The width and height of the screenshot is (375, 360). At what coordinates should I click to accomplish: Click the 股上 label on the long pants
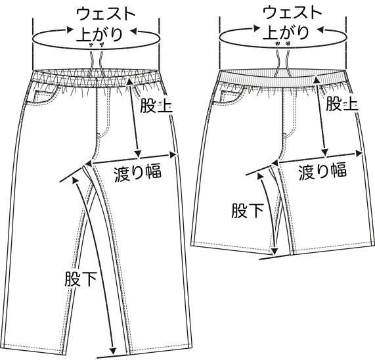pyautogui.click(x=156, y=106)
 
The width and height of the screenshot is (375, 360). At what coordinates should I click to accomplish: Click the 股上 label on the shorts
pyautogui.click(x=342, y=103)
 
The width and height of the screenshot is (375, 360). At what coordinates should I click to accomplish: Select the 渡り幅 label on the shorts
pyautogui.click(x=322, y=171)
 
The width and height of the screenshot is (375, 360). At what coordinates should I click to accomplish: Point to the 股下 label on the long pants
pyautogui.click(x=81, y=279)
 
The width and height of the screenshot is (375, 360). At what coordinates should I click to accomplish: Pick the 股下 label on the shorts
pyautogui.click(x=248, y=210)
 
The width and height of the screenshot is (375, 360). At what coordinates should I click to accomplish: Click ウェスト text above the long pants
pyautogui.click(x=106, y=14)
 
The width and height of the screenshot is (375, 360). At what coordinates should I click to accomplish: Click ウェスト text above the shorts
pyautogui.click(x=292, y=12)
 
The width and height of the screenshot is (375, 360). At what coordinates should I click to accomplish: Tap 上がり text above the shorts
pyautogui.click(x=286, y=32)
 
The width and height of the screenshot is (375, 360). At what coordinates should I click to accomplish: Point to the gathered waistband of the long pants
pyautogui.click(x=96, y=78)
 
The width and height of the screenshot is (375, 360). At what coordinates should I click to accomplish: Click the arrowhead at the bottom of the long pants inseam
pyautogui.click(x=113, y=351)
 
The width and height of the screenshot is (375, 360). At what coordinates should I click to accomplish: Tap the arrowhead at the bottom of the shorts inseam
pyautogui.click(x=275, y=252)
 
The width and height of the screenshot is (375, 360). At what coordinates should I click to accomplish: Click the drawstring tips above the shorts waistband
pyautogui.click(x=282, y=43)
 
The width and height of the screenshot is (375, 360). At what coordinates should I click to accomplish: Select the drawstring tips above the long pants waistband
pyautogui.click(x=97, y=44)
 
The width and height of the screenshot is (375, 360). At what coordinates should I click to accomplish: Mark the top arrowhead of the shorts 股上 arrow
pyautogui.click(x=317, y=79)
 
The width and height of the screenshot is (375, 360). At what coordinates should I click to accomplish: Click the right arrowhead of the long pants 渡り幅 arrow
pyautogui.click(x=173, y=155)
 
